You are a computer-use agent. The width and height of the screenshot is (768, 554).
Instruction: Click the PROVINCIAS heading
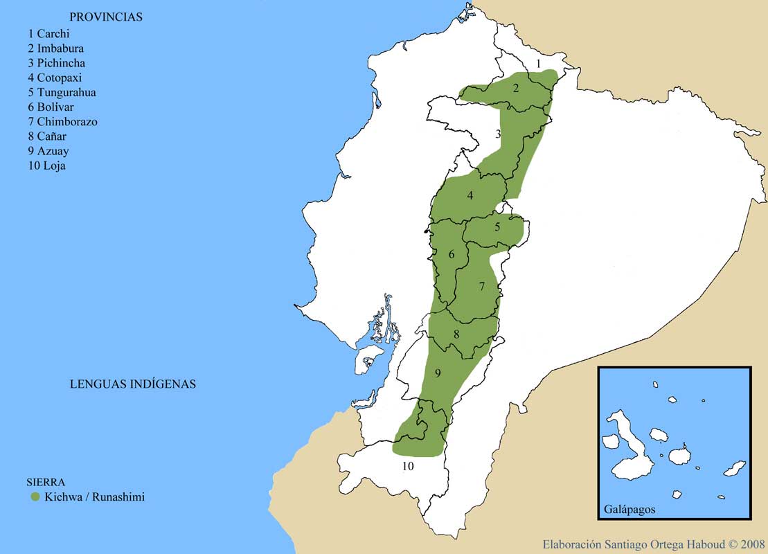click(x=106, y=17)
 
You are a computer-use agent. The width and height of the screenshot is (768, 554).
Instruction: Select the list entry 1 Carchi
click(x=49, y=33)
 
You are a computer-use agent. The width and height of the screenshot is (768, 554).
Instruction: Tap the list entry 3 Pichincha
click(x=56, y=63)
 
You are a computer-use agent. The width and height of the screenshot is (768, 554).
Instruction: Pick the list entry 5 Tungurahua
click(x=62, y=92)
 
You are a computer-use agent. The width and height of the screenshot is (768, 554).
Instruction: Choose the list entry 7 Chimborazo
click(x=62, y=122)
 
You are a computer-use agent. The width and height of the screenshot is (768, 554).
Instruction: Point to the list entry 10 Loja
click(x=46, y=166)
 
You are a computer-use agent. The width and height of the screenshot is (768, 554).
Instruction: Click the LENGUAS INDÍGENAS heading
click(x=132, y=384)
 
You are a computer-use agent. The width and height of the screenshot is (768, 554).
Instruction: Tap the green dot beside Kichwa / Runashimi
click(x=35, y=497)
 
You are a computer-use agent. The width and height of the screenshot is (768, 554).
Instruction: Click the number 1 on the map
click(x=539, y=64)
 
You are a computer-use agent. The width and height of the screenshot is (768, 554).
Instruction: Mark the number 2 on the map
click(x=516, y=88)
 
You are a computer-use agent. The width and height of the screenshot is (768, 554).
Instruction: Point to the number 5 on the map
click(x=497, y=227)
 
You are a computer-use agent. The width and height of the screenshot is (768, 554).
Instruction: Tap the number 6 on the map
click(x=452, y=254)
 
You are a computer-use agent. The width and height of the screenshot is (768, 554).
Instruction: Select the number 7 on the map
click(x=482, y=286)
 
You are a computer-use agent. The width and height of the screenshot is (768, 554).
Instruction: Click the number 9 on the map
click(x=438, y=373)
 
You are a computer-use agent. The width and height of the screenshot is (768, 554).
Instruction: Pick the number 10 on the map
click(x=408, y=467)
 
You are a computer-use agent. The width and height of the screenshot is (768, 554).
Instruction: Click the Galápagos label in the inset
click(x=629, y=509)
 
